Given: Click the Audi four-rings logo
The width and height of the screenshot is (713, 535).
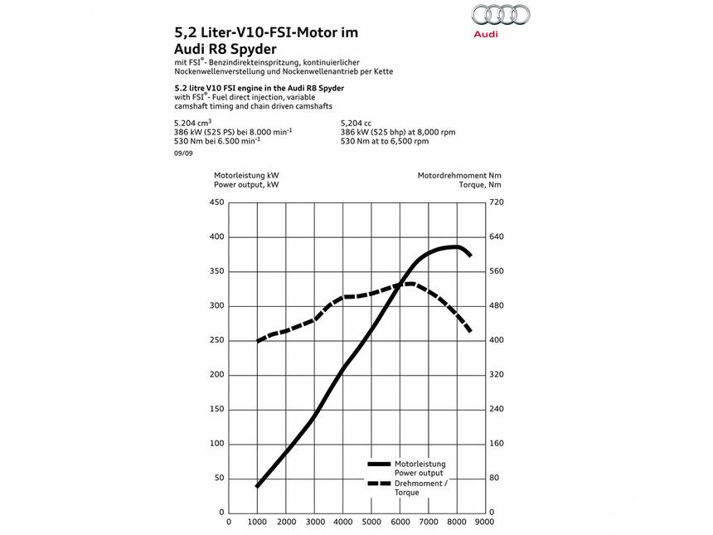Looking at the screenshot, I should click(x=500, y=15).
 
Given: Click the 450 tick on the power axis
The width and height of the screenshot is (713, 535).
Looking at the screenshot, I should click(x=216, y=202).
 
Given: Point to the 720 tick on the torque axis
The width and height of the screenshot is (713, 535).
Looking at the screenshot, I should click(x=496, y=202).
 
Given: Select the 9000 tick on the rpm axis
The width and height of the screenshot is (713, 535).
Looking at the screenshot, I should click(x=484, y=523).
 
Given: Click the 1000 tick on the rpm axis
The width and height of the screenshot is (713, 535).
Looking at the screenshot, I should click(x=258, y=523).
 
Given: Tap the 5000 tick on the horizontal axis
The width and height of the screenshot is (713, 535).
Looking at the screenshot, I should click(x=371, y=523).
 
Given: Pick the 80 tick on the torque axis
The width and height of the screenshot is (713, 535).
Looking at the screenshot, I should click(x=493, y=479).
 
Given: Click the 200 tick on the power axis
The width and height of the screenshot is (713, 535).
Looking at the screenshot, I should click(x=216, y=375).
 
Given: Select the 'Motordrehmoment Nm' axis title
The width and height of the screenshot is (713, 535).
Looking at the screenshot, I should click(x=459, y=176).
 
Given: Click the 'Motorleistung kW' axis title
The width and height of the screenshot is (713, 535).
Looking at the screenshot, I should click(x=246, y=176).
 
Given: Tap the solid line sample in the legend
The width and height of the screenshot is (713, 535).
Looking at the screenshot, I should click(x=379, y=464).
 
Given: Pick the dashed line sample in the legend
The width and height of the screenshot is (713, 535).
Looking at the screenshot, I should click(x=379, y=484).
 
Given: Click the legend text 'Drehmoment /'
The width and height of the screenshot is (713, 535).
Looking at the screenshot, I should click(x=420, y=483).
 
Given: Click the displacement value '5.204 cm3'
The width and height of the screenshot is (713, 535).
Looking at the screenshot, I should click(x=193, y=123).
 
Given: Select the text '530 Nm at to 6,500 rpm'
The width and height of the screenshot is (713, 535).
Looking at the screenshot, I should click(x=385, y=141).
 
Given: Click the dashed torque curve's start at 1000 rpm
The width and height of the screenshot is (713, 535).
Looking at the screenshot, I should click(x=258, y=340).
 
